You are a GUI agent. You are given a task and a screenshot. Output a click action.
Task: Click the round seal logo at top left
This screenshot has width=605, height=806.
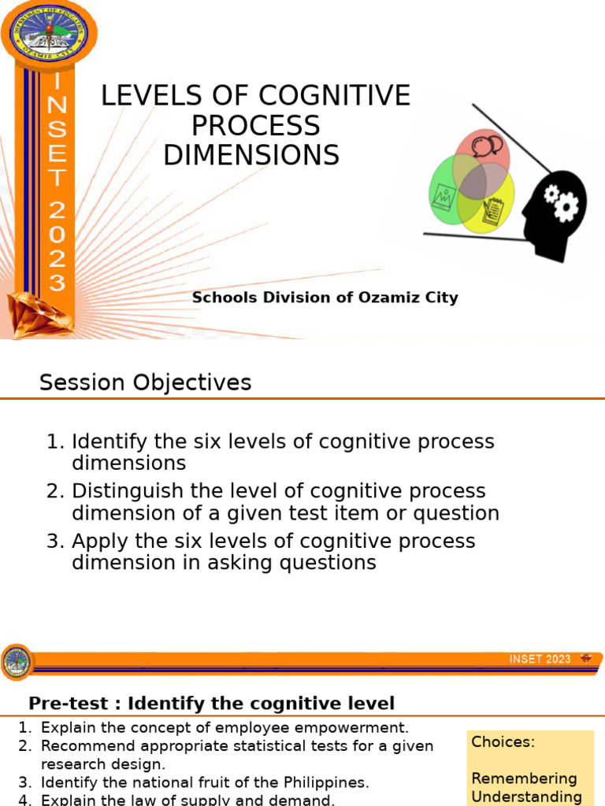point(50,32)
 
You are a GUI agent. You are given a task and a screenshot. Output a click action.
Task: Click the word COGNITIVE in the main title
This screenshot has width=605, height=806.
point(335,96)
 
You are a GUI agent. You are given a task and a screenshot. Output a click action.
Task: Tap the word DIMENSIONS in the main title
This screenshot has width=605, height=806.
point(251,155)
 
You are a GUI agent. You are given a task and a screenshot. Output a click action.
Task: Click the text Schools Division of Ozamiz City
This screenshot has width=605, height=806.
point(325,298)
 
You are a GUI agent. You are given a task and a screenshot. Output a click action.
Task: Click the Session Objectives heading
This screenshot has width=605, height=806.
point(145,383)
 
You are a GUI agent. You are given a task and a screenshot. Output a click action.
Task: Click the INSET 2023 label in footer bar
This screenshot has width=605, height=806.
point(540,659)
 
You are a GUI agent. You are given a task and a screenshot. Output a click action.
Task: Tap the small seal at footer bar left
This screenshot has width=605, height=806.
point(17,662)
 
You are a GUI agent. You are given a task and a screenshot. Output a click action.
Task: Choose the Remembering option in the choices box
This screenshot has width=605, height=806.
point(524,778)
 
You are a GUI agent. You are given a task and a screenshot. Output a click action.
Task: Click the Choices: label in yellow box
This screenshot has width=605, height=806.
point(503,741)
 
